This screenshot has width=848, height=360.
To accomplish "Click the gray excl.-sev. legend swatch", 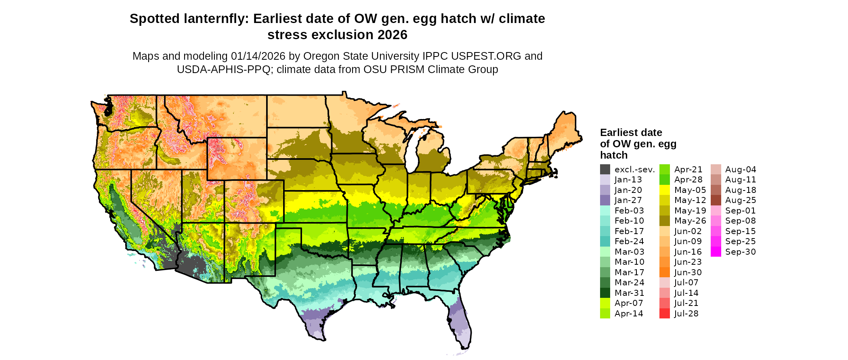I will [x=605, y=170].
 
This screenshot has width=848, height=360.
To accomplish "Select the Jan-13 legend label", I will [x=628, y=180].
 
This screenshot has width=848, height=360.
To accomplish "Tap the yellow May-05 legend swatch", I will [x=664, y=190].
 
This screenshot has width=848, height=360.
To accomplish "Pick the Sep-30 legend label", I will [x=740, y=252].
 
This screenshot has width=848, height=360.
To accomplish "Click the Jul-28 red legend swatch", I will [x=664, y=314].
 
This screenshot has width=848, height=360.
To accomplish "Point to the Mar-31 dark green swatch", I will [x=605, y=293].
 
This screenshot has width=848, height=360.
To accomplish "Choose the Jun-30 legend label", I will [x=688, y=272].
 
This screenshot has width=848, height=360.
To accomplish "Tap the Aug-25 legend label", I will [x=740, y=200].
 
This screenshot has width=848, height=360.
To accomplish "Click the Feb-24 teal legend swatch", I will [x=605, y=241].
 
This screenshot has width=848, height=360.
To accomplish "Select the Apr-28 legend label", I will [x=688, y=180].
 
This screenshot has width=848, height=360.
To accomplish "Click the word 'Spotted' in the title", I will [x=154, y=19].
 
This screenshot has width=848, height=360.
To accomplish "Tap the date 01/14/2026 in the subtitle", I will [x=258, y=56].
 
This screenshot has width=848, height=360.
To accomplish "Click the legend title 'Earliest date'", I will [x=631, y=132].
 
